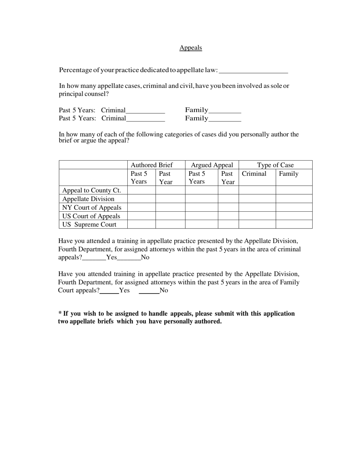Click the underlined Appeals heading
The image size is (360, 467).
[x=191, y=48]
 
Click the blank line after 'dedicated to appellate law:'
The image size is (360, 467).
[x=254, y=71]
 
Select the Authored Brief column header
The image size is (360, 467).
[x=152, y=165]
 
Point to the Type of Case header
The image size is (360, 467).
[x=275, y=165]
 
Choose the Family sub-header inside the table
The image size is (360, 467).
[x=288, y=174]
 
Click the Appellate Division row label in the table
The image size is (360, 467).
[x=88, y=199]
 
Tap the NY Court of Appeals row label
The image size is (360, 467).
[x=92, y=208]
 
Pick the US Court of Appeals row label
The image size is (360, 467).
[x=91, y=216]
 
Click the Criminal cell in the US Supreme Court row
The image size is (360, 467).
[x=257, y=225]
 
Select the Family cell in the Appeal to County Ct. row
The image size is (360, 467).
[x=294, y=190]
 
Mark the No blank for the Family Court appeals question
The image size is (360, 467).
[x=149, y=291]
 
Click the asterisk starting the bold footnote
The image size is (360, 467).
[x=60, y=313]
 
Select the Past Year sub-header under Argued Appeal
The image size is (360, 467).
[x=228, y=178]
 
